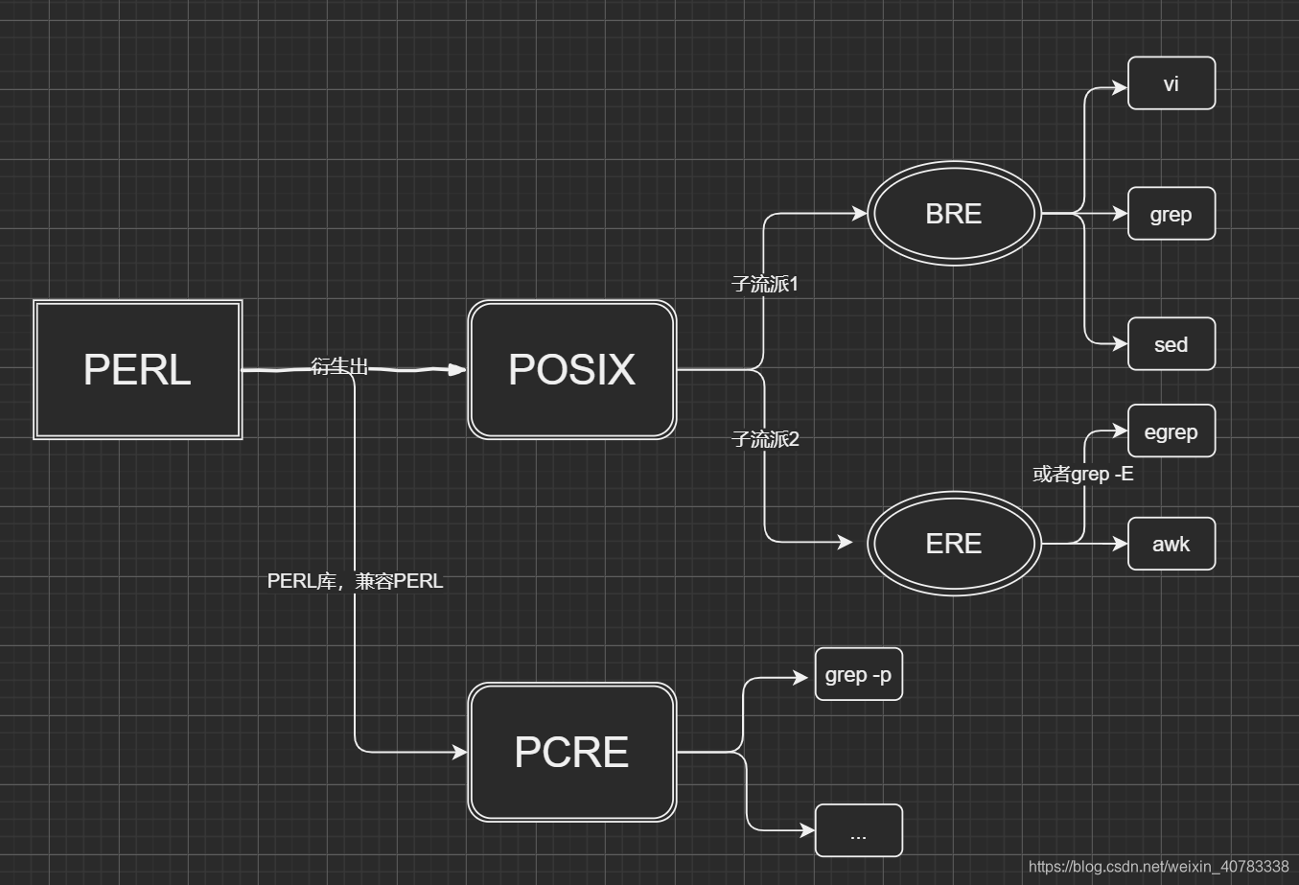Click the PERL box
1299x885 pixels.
click(137, 370)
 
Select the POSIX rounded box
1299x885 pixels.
click(571, 370)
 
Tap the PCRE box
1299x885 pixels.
click(571, 753)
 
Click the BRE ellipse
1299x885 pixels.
click(954, 213)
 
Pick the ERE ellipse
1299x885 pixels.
click(954, 544)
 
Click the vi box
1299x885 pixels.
click(1171, 83)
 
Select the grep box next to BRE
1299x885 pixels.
click(1171, 214)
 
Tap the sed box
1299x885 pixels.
click(1171, 344)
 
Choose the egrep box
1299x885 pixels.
click(1171, 431)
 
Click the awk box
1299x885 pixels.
click(1171, 544)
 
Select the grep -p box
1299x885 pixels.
click(858, 675)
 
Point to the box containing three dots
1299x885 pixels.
click(858, 830)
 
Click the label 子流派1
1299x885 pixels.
click(765, 284)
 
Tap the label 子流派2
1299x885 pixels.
click(765, 439)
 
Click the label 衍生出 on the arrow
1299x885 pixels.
click(340, 366)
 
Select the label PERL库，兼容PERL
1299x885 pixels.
click(355, 581)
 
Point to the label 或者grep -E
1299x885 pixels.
click(1082, 474)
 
